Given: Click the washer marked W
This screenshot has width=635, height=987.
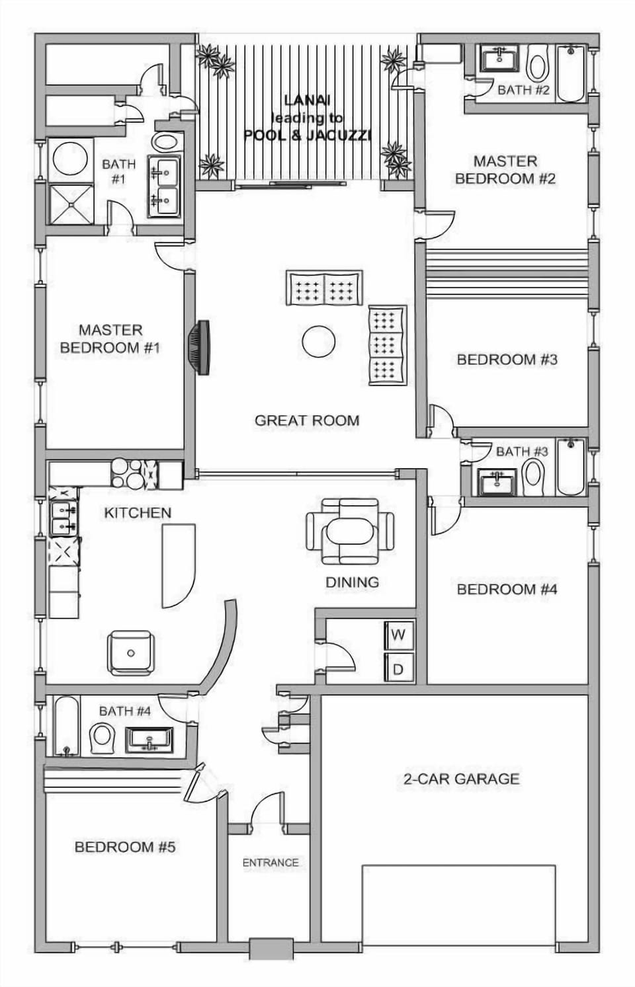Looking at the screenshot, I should pos(399,635).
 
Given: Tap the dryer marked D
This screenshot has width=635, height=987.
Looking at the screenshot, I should pos(399,668).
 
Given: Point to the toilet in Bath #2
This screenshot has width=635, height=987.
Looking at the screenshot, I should pos(538,65).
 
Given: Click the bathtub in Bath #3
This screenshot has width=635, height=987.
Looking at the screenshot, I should pos(571,466).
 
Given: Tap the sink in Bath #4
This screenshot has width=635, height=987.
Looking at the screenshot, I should pos(149,740).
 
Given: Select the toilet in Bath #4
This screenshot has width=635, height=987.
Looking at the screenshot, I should pos(102,738).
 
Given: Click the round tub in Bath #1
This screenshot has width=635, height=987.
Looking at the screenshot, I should pos(70,159).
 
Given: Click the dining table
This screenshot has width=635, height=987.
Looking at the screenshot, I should pos(350,532).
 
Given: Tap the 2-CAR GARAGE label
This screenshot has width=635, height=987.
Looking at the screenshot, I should pos(461,779).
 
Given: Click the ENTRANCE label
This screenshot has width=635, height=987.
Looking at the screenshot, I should pos(270,862).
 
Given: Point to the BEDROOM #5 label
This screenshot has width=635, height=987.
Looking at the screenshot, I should pos(124,847).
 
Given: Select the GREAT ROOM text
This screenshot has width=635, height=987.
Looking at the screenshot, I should pos(307,420).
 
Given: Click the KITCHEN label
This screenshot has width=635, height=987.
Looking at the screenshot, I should pos(138,512).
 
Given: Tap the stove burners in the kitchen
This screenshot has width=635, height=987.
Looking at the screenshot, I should pos(127,473).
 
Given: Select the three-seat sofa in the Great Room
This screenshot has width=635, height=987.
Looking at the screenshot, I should pos(387,345).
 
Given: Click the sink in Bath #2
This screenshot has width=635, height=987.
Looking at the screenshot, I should pos(499,59).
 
